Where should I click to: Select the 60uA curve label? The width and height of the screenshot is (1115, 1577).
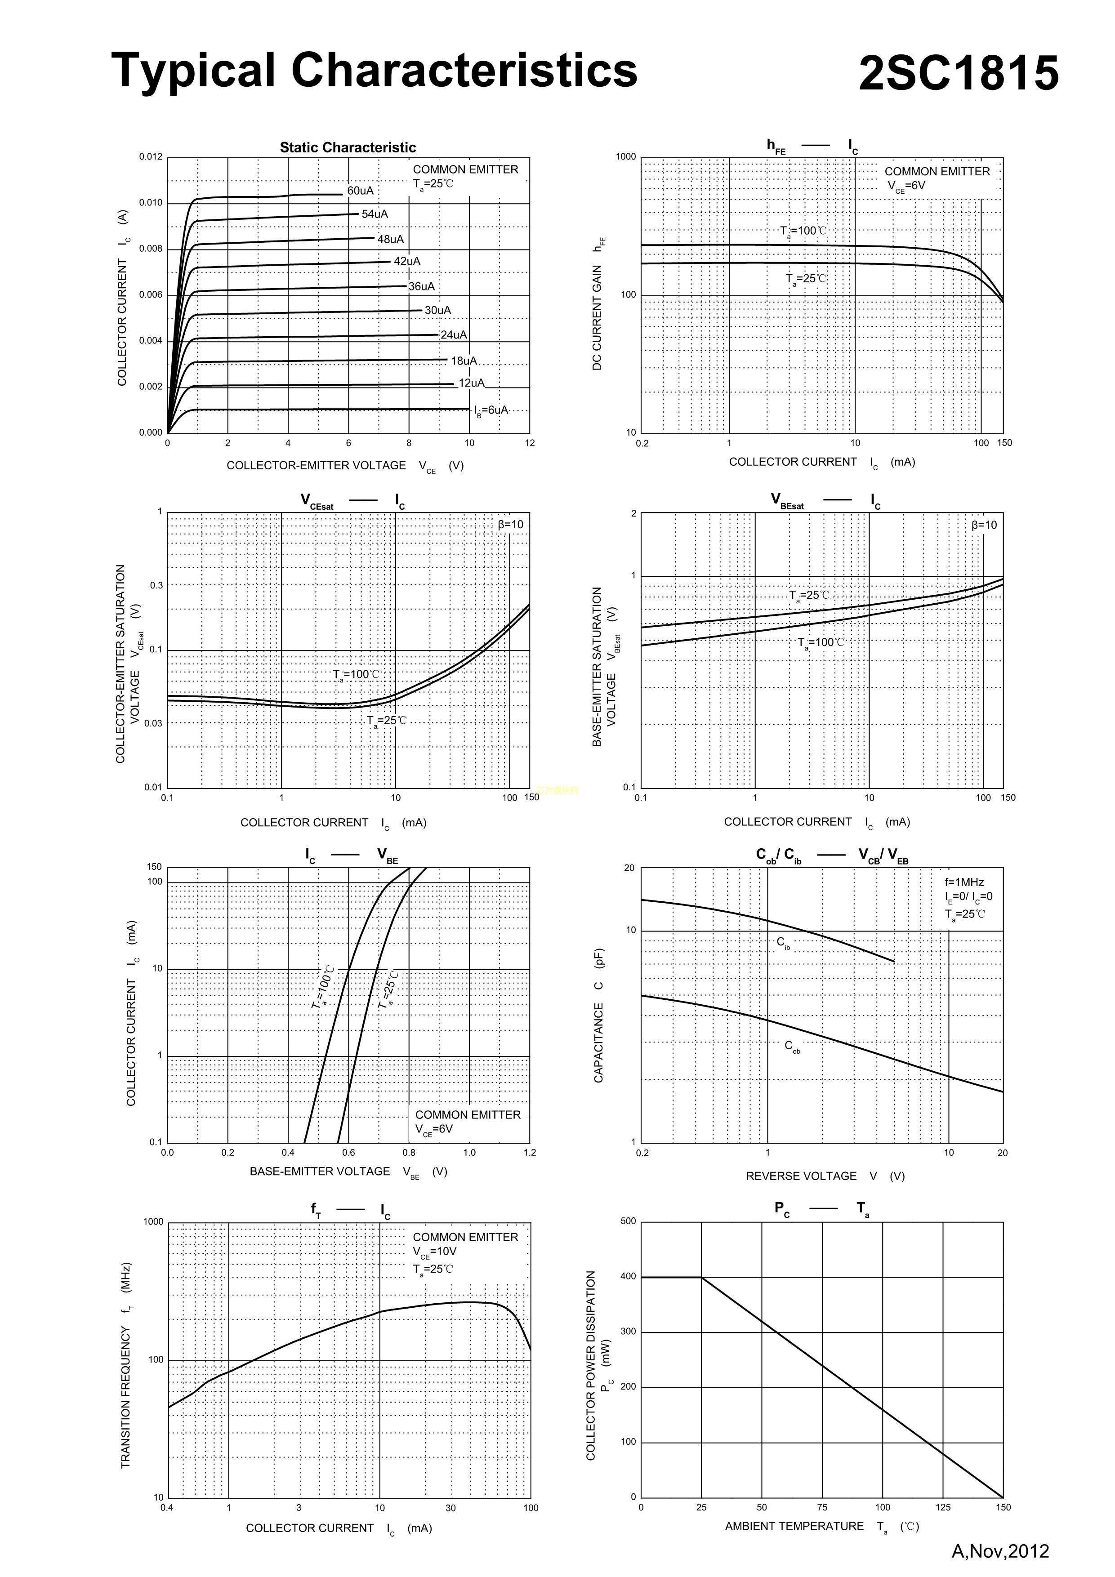[x=361, y=190]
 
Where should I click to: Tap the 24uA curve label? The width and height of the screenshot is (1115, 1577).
[x=454, y=334]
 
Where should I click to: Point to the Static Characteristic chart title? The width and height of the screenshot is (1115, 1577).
[x=348, y=147]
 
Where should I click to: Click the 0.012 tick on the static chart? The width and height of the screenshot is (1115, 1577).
[x=151, y=156]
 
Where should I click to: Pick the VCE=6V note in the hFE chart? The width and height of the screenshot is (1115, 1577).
[x=906, y=186]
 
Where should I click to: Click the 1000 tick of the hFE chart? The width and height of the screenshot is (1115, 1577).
[x=626, y=156]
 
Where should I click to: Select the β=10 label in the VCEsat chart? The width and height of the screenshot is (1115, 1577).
[x=510, y=525]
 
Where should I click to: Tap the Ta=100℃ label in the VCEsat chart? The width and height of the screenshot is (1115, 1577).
[x=356, y=674]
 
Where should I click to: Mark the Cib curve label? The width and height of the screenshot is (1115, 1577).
[x=783, y=942]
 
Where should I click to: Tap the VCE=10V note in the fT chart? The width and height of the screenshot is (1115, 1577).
[x=434, y=1252]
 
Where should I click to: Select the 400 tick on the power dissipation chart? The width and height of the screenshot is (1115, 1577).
[x=628, y=1276]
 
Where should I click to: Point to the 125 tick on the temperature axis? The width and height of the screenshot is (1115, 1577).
[x=942, y=1507]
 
